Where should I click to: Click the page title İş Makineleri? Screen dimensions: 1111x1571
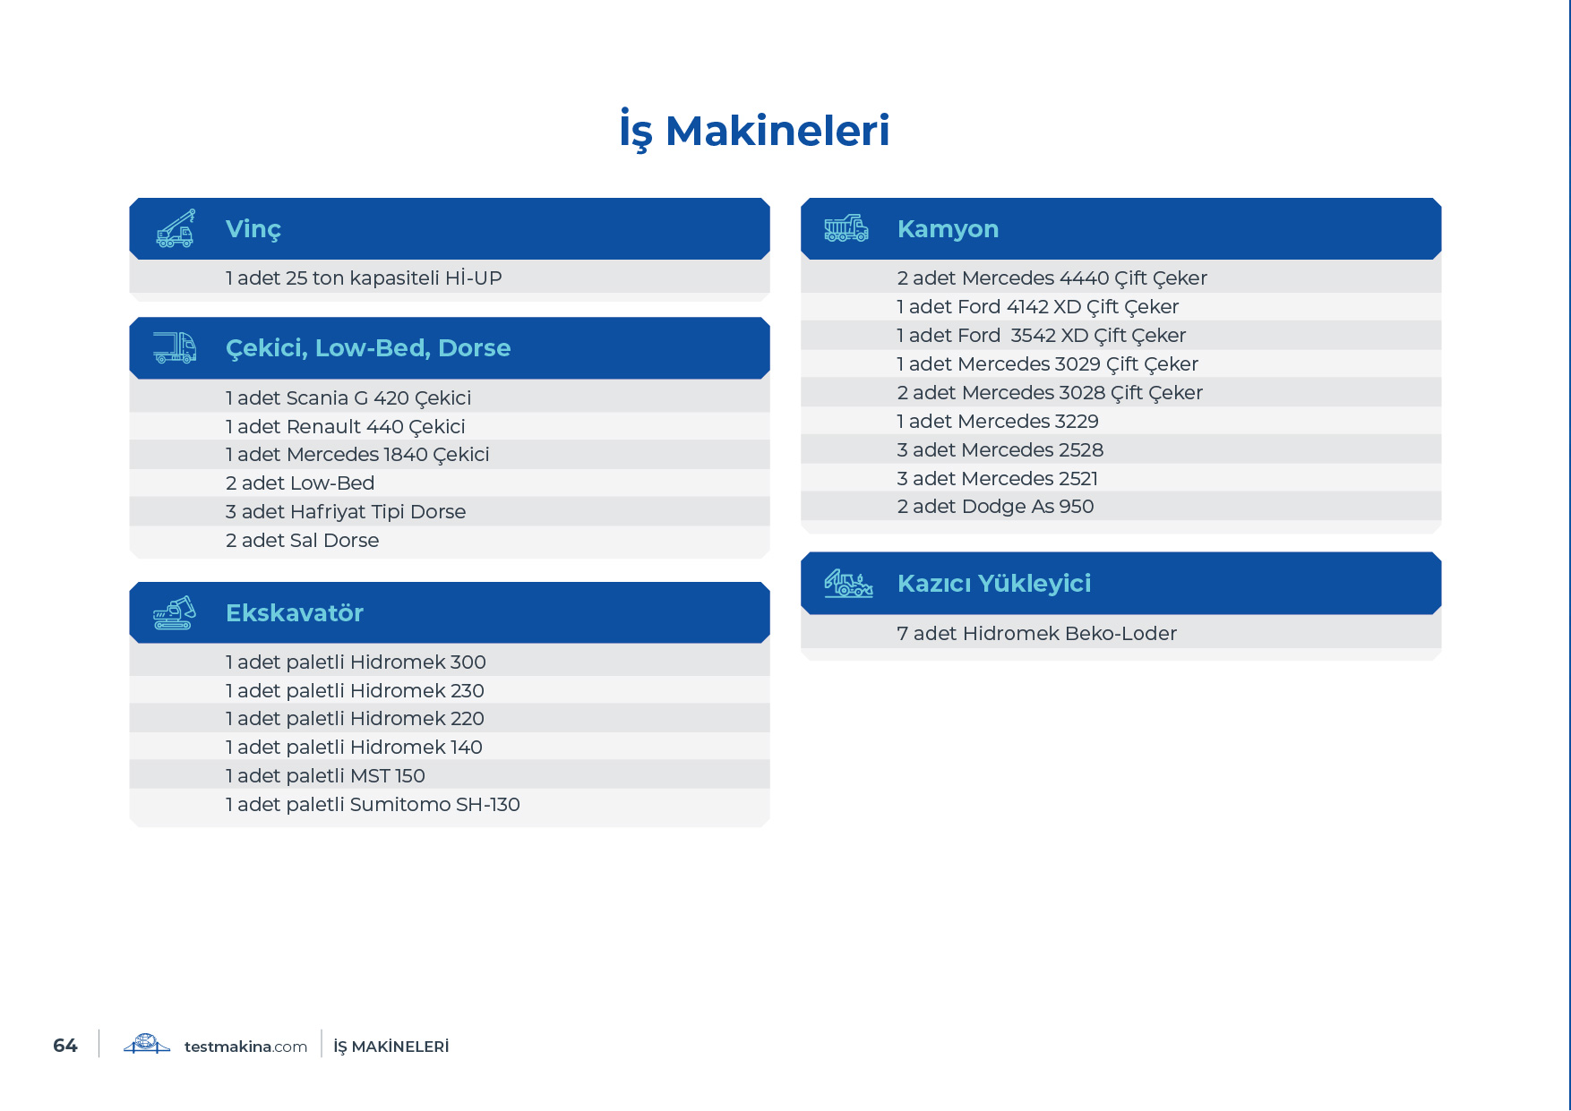(x=754, y=131)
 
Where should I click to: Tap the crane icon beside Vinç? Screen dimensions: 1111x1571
(x=176, y=228)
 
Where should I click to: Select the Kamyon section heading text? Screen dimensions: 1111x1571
(x=948, y=229)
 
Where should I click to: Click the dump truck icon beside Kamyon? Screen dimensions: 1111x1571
(x=846, y=228)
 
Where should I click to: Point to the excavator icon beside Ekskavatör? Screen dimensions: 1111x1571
(x=175, y=612)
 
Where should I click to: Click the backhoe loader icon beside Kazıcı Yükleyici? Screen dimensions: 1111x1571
(x=848, y=584)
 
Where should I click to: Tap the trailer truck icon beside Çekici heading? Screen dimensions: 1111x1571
(x=175, y=347)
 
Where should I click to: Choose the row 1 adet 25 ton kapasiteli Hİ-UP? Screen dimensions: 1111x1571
(x=364, y=278)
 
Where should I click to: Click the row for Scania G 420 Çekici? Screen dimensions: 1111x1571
(x=348, y=398)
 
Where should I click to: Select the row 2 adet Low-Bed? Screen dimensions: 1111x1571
(x=300, y=483)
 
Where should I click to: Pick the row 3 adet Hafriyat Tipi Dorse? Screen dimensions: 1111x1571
(x=346, y=512)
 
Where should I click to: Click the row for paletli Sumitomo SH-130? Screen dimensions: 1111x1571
(x=373, y=805)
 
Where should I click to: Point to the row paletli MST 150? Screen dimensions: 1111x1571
(x=325, y=776)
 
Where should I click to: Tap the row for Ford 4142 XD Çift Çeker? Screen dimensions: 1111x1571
(x=1037, y=307)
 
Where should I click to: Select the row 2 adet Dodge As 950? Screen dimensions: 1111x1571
(x=995, y=507)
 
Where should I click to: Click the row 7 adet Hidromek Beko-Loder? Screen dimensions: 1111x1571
(x=1036, y=634)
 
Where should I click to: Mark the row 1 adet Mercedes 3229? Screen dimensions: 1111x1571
(x=997, y=422)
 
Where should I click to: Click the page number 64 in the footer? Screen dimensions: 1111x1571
(x=65, y=1046)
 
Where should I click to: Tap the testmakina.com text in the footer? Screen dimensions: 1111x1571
(x=245, y=1047)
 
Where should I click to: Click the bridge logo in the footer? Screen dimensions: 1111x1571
(x=147, y=1044)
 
